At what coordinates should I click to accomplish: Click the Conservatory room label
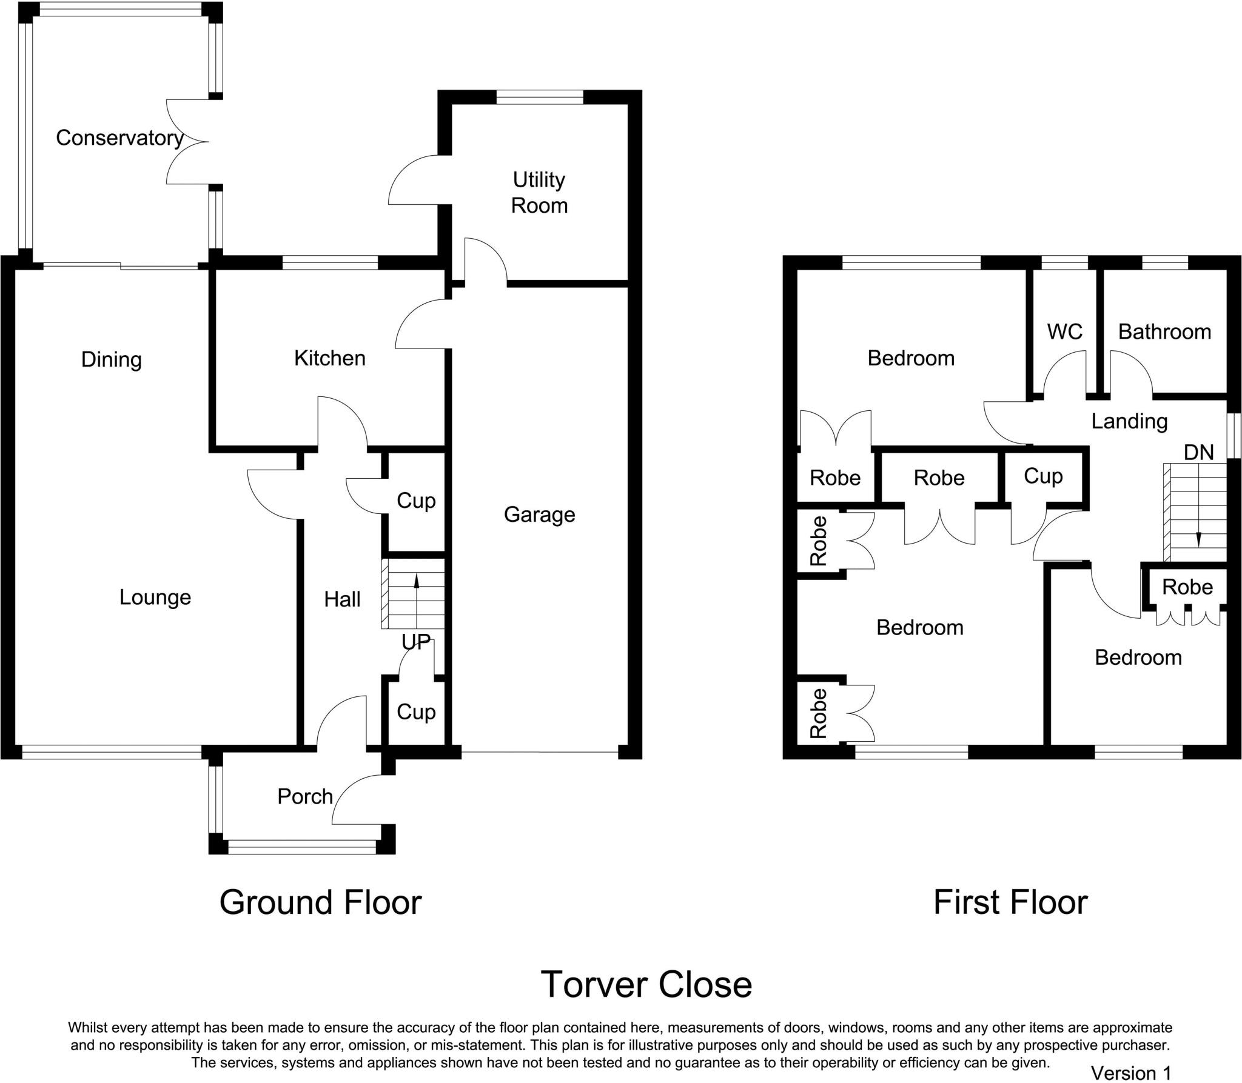tap(119, 138)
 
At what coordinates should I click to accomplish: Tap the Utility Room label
tap(539, 193)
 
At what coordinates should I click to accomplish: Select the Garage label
tap(539, 515)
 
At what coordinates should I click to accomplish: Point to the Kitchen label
tap(330, 358)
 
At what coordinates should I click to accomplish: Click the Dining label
tap(112, 359)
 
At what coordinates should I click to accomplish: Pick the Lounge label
tap(155, 598)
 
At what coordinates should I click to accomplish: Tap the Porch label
tap(305, 796)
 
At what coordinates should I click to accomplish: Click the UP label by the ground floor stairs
tap(416, 642)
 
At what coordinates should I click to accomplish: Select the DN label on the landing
tap(1199, 452)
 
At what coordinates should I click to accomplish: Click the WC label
tap(1065, 332)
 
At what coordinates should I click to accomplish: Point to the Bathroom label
tap(1164, 332)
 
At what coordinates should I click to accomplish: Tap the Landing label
tap(1129, 421)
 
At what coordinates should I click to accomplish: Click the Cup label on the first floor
tap(1043, 476)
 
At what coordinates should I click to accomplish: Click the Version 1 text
tap(1131, 1073)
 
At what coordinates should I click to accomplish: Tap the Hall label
tap(342, 599)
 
